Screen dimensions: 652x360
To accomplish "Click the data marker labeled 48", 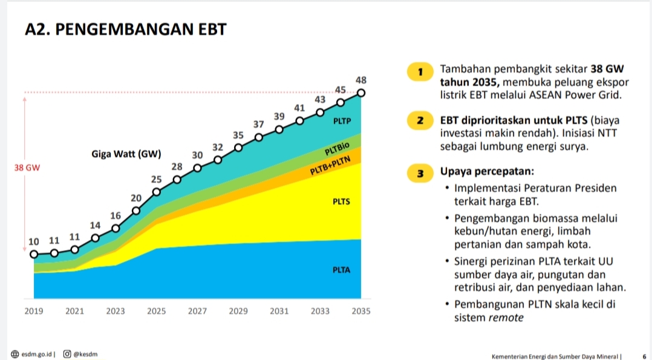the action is (361, 93).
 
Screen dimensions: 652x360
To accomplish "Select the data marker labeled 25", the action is (156, 192).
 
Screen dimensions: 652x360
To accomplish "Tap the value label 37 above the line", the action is (259, 125).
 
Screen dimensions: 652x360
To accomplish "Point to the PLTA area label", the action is (341, 270).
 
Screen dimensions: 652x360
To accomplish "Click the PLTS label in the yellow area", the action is (341, 202).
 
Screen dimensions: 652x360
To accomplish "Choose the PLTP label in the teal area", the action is (342, 121).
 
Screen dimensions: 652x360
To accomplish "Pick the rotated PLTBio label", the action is (337, 149).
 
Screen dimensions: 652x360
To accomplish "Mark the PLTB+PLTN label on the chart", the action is (331, 166).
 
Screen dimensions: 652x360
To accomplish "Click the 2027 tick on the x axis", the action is (197, 311).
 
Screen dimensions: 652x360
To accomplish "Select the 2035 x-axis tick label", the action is (361, 311).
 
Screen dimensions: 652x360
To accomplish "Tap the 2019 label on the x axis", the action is (34, 311).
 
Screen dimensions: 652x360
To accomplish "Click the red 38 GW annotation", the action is (27, 168).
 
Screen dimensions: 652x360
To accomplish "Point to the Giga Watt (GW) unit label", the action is (126, 154).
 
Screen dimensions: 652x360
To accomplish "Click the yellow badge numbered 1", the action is (420, 71).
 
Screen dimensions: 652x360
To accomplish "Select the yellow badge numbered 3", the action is (420, 173).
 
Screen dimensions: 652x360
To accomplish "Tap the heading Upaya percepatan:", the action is (487, 171).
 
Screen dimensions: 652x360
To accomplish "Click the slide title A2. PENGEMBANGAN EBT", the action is (126, 30).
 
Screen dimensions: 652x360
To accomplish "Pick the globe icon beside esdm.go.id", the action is (15, 354).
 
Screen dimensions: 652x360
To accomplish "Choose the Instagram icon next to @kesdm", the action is (67, 354).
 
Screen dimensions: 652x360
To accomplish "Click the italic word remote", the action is (506, 318).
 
